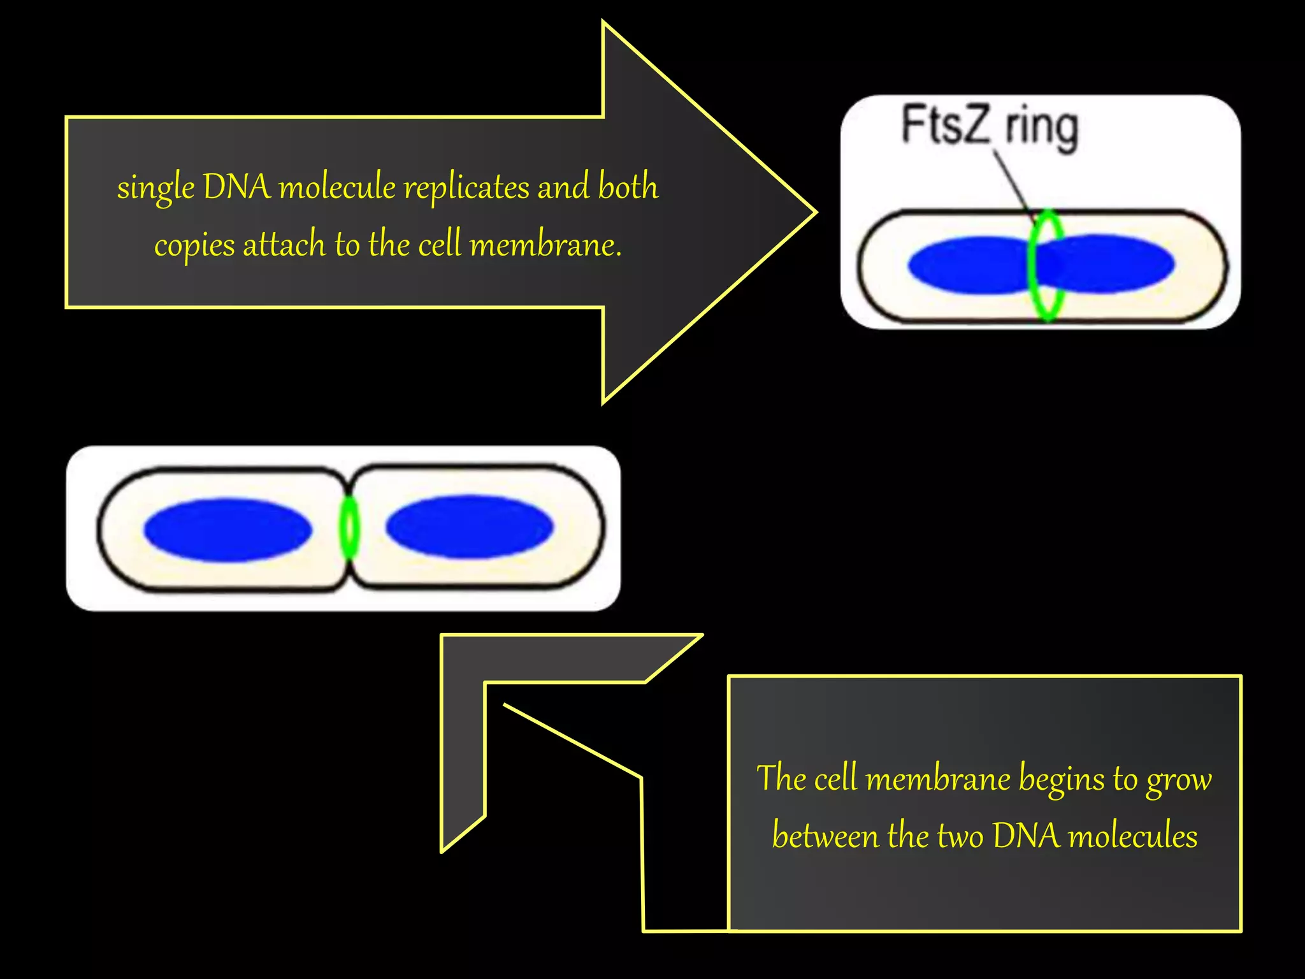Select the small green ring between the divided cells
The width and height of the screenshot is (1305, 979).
click(349, 528)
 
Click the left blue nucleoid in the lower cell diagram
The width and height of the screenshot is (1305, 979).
click(227, 529)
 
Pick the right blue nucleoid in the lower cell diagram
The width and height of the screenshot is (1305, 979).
click(470, 526)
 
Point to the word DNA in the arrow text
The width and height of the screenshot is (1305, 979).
click(236, 187)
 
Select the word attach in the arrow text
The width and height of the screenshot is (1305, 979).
click(284, 245)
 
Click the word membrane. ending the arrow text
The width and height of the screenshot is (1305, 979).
click(545, 245)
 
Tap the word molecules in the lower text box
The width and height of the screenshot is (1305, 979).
click(1132, 836)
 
